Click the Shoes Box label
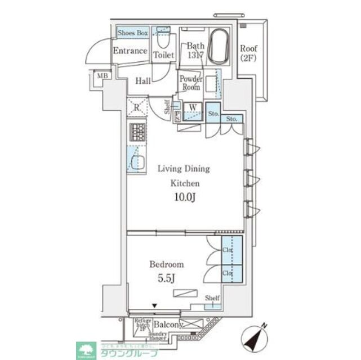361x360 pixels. (133, 33)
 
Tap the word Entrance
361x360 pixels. (130, 51)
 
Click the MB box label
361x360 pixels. (101, 76)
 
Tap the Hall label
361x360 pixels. (142, 81)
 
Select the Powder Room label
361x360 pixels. (190, 83)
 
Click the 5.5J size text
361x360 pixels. (166, 277)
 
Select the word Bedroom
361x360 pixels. (166, 264)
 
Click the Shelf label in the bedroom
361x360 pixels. (212, 298)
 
